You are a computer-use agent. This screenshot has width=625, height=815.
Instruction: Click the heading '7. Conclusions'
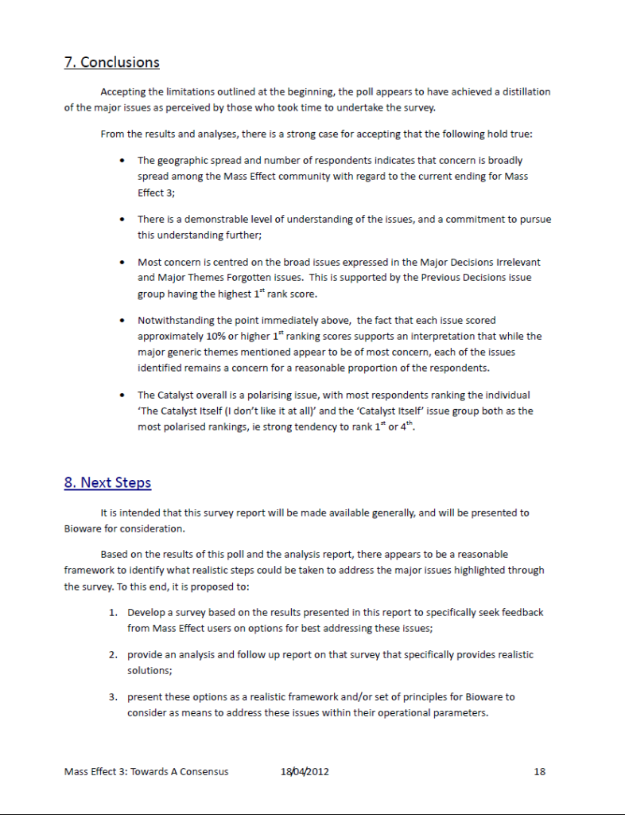111,62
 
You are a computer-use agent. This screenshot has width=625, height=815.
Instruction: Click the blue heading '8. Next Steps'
107,482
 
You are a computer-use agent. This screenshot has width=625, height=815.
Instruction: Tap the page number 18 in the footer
540,771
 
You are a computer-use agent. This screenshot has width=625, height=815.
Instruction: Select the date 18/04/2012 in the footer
305,771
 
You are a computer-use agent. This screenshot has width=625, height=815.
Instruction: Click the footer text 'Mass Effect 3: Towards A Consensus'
146,771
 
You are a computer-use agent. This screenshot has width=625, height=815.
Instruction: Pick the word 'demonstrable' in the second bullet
219,219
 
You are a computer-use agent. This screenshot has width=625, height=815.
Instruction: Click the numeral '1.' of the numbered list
114,613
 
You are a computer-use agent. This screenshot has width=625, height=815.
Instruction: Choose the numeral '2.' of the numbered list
114,655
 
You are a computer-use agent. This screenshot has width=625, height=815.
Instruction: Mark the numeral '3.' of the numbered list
114,697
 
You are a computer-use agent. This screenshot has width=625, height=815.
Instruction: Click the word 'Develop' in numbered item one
146,613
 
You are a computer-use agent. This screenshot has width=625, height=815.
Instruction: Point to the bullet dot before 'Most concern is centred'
120,262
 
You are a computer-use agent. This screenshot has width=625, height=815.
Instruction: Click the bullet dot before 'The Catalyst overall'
120,395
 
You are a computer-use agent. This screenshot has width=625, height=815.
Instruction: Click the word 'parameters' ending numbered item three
458,712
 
